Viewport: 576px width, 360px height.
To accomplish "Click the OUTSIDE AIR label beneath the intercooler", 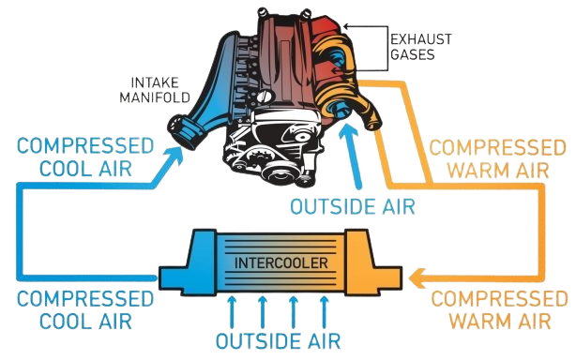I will pyautogui.click(x=277, y=338).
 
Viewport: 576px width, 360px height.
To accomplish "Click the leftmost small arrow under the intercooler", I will pyautogui.click(x=232, y=308).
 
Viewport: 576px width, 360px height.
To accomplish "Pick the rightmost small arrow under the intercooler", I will pyautogui.click(x=325, y=308).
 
